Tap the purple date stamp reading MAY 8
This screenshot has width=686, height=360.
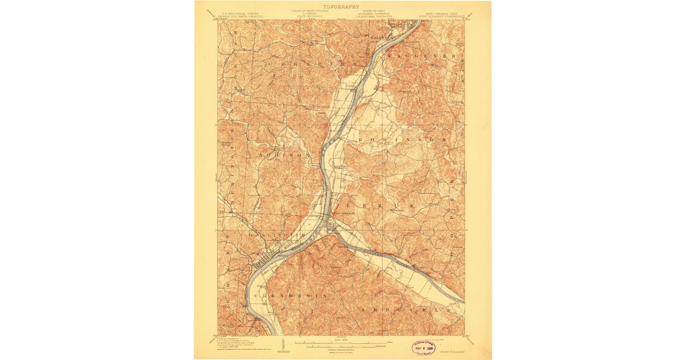click(x=425, y=347)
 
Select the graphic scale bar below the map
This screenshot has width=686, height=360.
click(x=341, y=343)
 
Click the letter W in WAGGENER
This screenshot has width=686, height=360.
click(x=390, y=57)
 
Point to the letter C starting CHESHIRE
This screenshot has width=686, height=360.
click(x=268, y=64)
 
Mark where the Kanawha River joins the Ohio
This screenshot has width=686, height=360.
click(x=330, y=225)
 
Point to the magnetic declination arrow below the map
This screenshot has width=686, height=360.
click(x=284, y=345)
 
